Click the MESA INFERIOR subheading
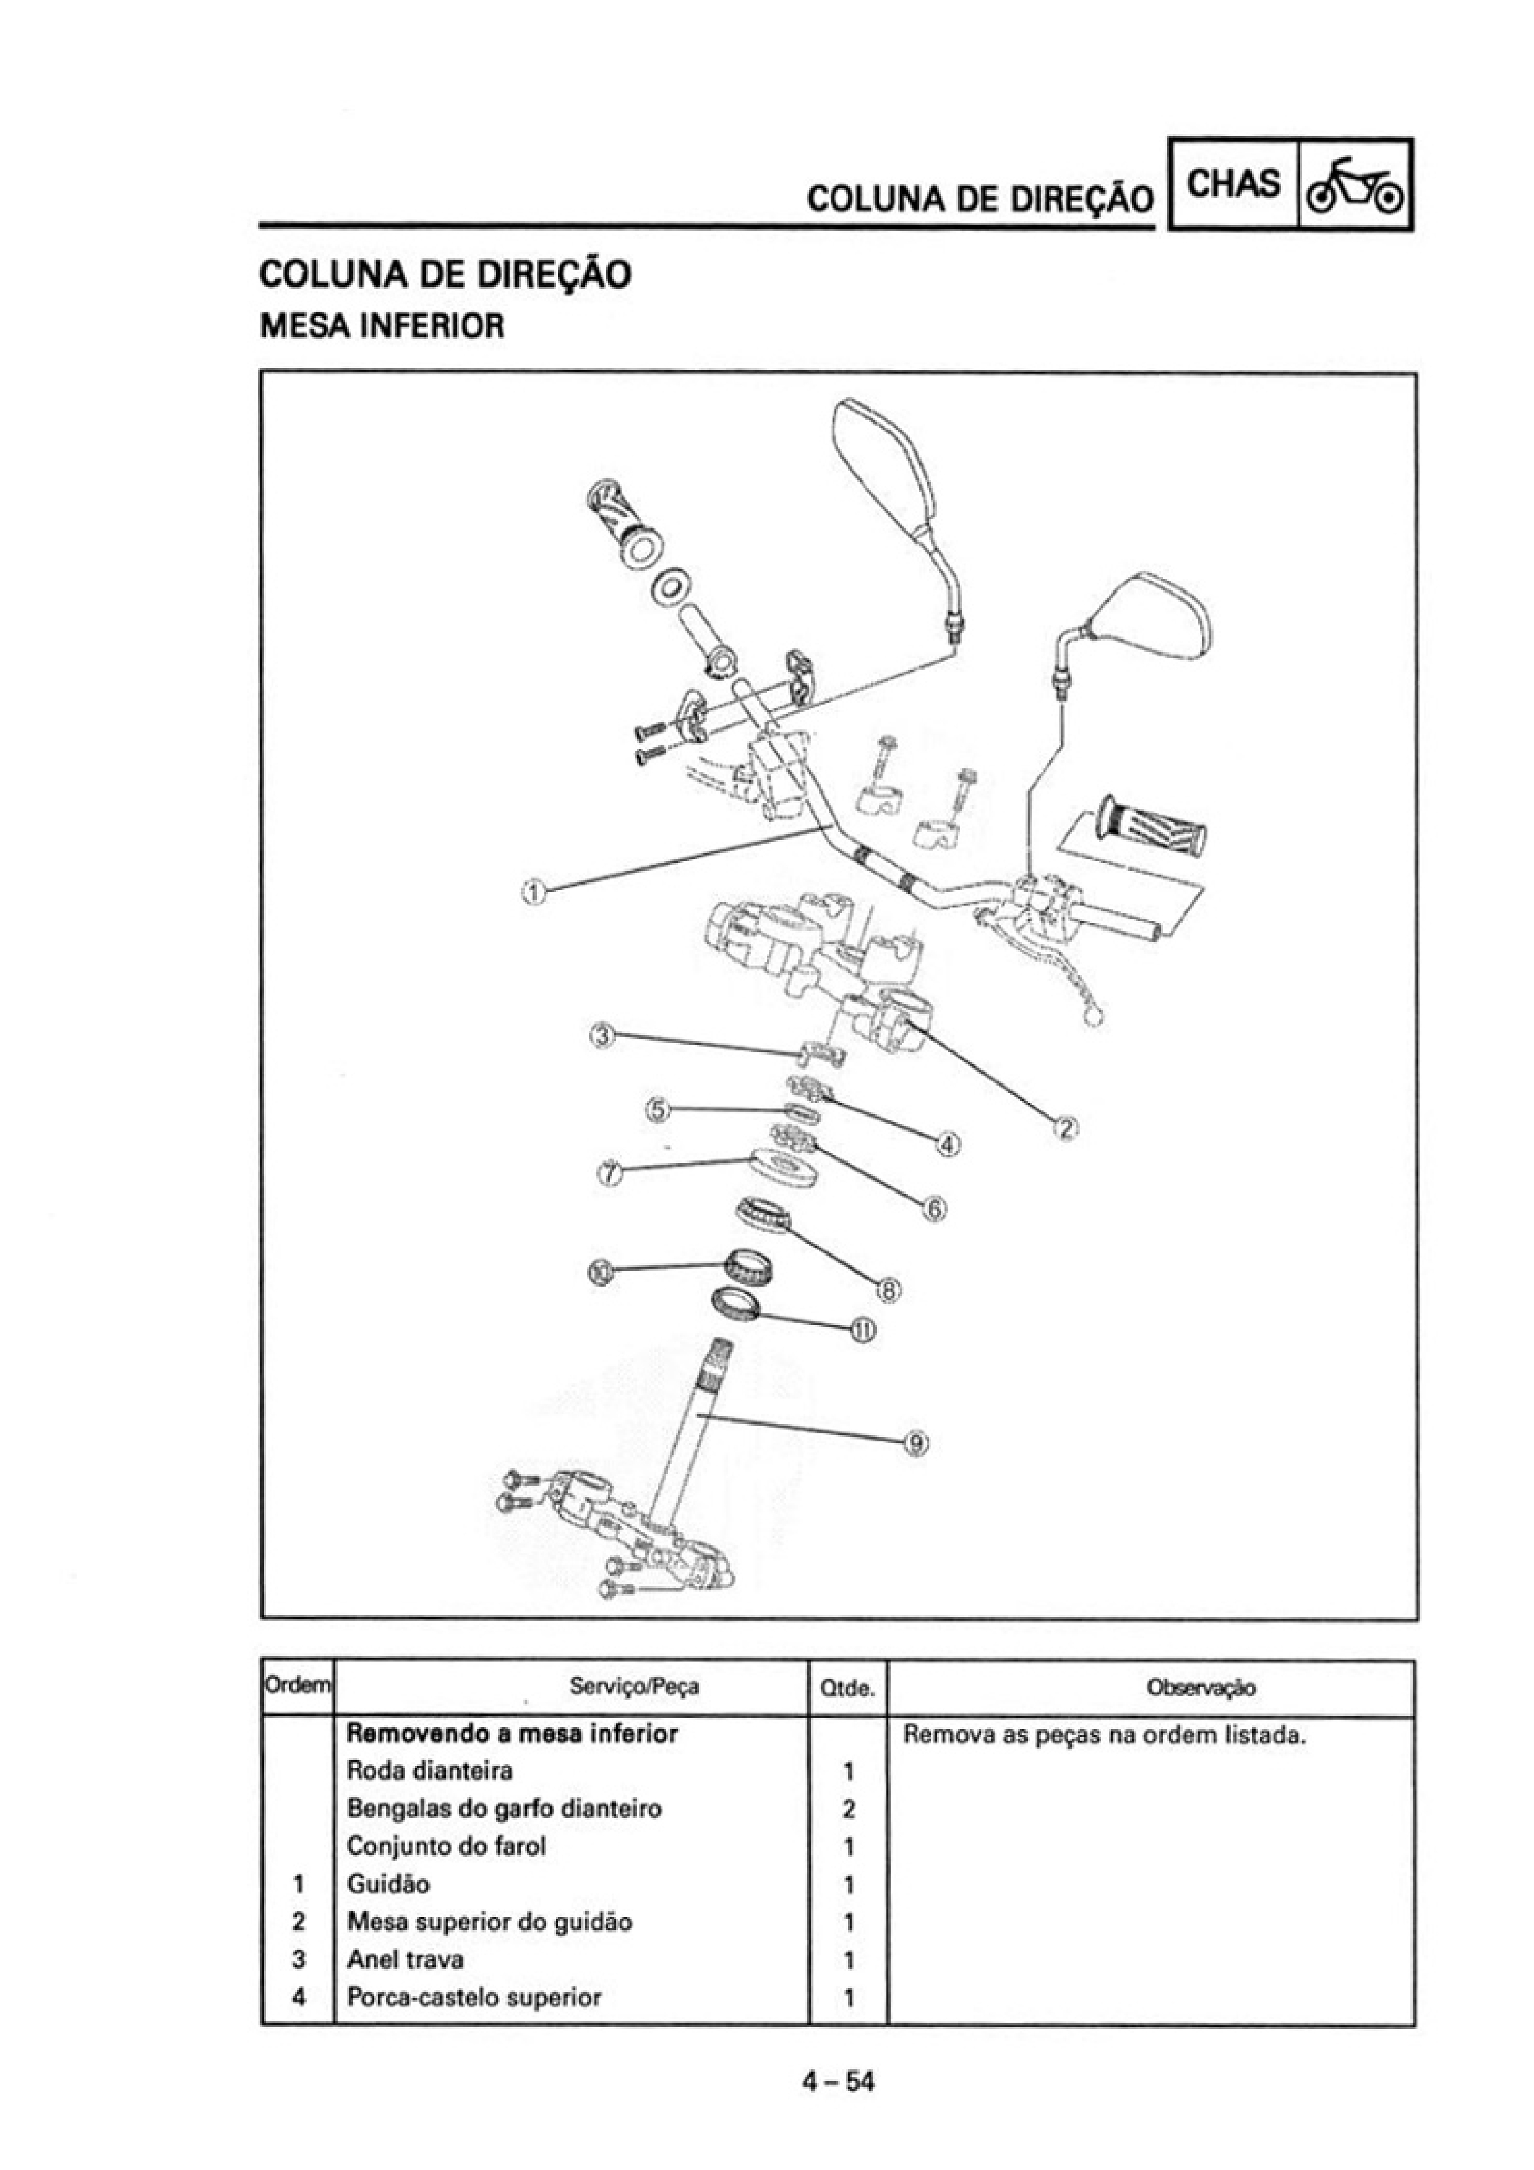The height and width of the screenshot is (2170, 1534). tap(382, 327)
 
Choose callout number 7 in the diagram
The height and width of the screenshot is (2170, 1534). tap(610, 1173)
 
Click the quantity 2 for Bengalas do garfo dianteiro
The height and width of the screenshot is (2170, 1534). tap(849, 1809)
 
